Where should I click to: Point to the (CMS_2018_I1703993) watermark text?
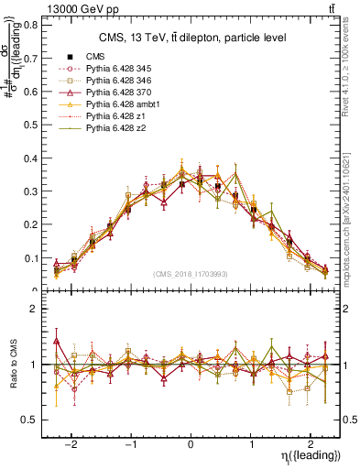(x=191, y=274)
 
